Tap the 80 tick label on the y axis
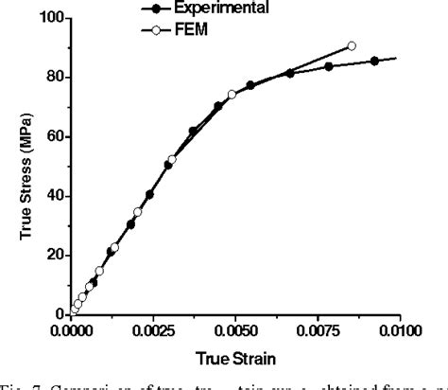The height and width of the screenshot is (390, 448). click(x=54, y=77)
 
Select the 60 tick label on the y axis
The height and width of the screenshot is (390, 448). click(x=54, y=136)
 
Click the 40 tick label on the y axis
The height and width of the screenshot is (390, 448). click(x=54, y=196)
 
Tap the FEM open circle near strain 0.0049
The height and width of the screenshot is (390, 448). click(x=233, y=95)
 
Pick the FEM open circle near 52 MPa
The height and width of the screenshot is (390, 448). click(x=172, y=160)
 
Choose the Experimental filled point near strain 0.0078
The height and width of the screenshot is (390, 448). click(x=329, y=66)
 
